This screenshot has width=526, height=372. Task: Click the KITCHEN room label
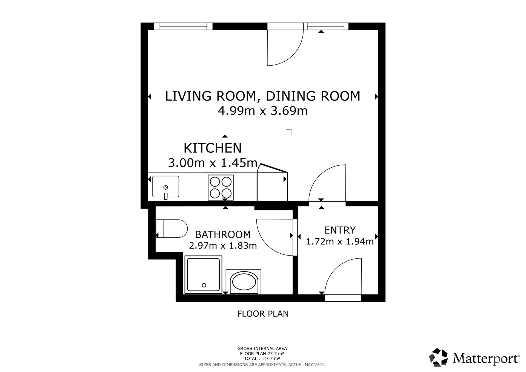(x=213, y=148)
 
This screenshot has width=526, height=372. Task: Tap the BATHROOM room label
(x=223, y=234)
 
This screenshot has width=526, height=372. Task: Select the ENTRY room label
(x=340, y=230)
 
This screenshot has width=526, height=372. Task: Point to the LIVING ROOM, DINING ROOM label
(x=263, y=96)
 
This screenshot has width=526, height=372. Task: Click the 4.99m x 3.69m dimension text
(x=263, y=111)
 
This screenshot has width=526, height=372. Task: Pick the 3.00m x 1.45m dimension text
(x=213, y=163)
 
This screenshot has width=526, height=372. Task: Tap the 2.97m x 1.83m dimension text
(x=223, y=246)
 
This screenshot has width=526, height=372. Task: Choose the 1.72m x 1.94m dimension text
(x=340, y=242)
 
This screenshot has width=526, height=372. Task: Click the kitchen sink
(x=165, y=187)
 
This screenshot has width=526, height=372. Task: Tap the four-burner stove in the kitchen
(x=221, y=188)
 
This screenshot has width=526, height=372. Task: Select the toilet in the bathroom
(x=171, y=228)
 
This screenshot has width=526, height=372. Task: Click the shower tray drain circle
(x=204, y=285)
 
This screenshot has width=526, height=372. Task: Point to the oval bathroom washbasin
(x=244, y=281)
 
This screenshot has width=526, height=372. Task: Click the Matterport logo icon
(x=438, y=357)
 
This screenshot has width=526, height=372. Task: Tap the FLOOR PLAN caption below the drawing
(x=263, y=314)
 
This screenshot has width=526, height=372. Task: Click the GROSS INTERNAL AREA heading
(x=262, y=348)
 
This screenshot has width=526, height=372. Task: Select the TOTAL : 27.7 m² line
(x=262, y=358)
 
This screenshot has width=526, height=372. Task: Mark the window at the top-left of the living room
(x=183, y=26)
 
